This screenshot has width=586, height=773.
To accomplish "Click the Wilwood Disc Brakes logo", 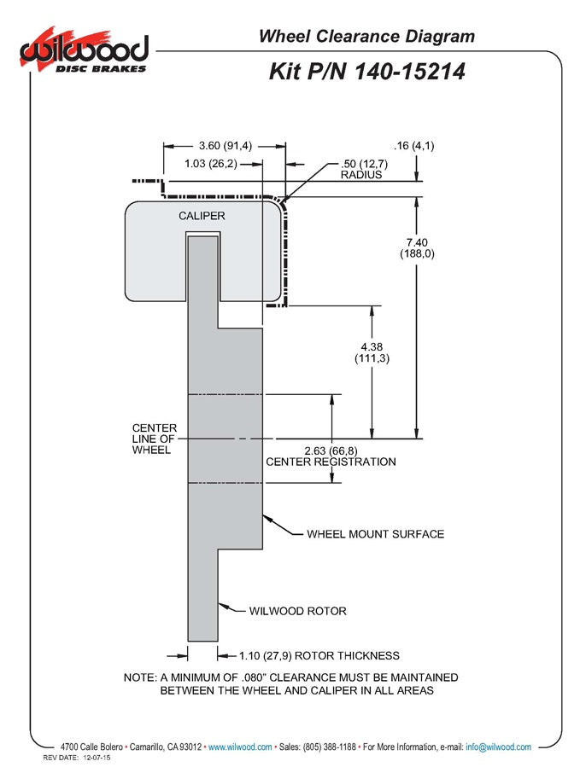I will coord(84,52).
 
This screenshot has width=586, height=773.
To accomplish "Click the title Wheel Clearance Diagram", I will coord(366,36).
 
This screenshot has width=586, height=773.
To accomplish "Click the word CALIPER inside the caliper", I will coord(202,216).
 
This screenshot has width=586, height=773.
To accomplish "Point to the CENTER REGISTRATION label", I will coord(331,462).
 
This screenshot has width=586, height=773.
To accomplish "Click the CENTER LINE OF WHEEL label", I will coord(155,439).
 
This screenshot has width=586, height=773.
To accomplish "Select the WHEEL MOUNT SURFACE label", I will coord(375,534).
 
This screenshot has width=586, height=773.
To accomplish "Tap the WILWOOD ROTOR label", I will coord(297,611).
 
